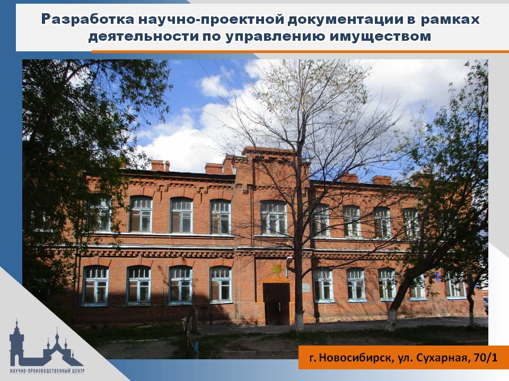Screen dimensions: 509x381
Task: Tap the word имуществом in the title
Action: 381,37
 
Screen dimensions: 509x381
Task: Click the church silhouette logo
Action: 46,345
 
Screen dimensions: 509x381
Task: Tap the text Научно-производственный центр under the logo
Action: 47,370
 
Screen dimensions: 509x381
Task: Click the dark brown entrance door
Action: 276,304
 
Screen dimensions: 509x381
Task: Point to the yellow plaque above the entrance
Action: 277,268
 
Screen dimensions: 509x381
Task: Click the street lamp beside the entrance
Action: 288,261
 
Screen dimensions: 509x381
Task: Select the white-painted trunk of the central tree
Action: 299,316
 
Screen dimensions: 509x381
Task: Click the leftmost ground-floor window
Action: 95,286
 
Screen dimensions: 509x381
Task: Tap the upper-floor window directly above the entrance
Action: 274,217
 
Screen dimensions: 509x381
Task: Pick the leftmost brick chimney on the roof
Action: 160,165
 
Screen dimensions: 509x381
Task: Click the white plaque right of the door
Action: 306,287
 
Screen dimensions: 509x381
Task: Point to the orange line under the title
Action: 300,51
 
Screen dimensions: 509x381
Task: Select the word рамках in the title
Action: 450,20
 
